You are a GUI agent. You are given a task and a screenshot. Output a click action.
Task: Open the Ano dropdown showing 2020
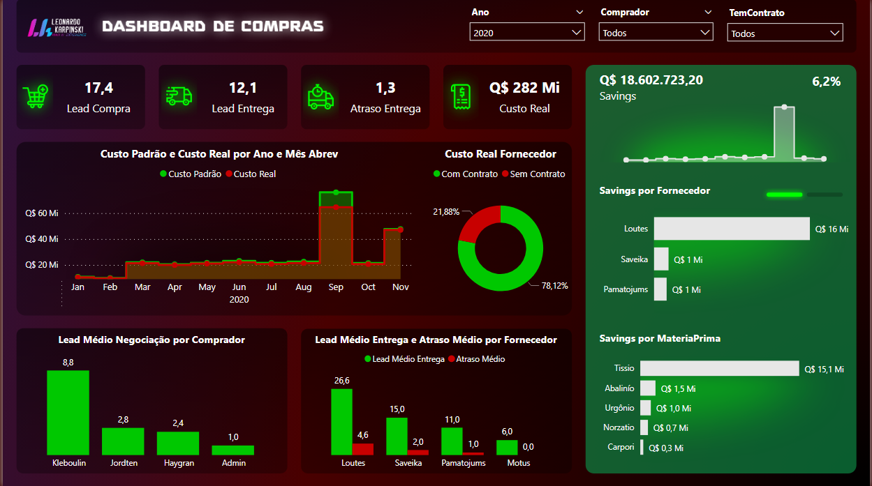pos(527,33)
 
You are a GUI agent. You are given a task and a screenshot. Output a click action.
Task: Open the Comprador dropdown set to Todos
pos(656,33)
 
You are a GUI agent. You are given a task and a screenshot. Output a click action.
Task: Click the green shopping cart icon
pos(36,97)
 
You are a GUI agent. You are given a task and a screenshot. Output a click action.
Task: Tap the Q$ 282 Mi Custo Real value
pos(524,88)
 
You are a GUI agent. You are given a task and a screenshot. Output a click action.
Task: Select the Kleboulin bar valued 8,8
pos(68,412)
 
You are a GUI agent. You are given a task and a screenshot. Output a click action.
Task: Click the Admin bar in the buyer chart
pos(232,450)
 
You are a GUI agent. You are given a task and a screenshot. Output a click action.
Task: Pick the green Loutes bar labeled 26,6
pos(341,422)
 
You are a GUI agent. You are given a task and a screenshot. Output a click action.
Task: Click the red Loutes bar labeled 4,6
pos(363,449)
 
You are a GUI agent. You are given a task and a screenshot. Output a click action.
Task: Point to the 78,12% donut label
pos(554,286)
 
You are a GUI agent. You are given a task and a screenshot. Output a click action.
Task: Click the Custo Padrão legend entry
pos(191,174)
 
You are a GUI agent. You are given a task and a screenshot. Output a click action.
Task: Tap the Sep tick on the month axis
pos(336,287)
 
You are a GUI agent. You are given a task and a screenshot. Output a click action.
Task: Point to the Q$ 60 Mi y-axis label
pos(41,213)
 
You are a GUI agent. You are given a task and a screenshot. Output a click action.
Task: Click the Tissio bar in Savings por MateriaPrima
pos(719,369)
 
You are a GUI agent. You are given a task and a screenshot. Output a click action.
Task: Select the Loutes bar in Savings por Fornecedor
pos(732,229)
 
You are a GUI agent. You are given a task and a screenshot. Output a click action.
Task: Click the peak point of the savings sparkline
pos(785,107)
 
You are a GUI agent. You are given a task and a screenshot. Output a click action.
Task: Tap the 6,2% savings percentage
pos(826,82)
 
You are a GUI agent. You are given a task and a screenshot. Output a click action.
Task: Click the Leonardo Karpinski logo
pos(57,27)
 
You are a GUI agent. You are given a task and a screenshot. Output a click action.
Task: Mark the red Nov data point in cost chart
pos(401,229)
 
